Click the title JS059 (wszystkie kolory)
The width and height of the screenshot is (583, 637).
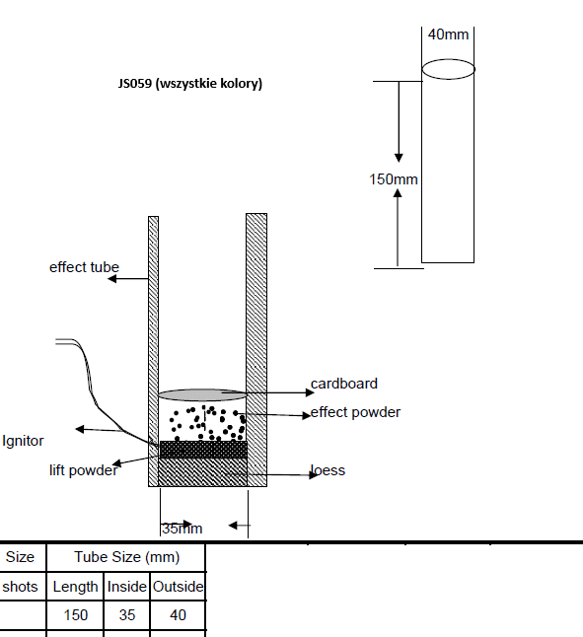pyautogui.click(x=190, y=83)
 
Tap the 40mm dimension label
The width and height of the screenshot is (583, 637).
pyautogui.click(x=448, y=35)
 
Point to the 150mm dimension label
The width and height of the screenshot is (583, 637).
pyautogui.click(x=394, y=179)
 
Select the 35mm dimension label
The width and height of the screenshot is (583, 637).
pyautogui.click(x=182, y=529)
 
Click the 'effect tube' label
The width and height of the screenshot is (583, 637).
pyautogui.click(x=84, y=267)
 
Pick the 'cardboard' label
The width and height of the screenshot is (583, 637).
pyautogui.click(x=344, y=384)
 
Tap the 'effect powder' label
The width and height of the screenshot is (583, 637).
pyautogui.click(x=355, y=412)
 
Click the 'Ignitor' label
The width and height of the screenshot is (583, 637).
pyautogui.click(x=23, y=441)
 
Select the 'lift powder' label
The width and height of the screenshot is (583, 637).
pyautogui.click(x=83, y=470)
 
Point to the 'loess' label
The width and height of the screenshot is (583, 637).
pyautogui.click(x=328, y=470)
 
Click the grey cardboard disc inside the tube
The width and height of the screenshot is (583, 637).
pyautogui.click(x=202, y=394)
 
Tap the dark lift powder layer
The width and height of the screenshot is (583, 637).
pyautogui.click(x=203, y=450)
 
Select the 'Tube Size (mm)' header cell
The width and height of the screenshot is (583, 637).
pyautogui.click(x=126, y=557)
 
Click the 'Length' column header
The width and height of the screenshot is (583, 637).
pyautogui.click(x=75, y=587)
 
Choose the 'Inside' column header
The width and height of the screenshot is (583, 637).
pyautogui.click(x=126, y=587)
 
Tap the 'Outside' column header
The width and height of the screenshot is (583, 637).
pyautogui.click(x=178, y=587)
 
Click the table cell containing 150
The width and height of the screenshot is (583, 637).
pyautogui.click(x=75, y=615)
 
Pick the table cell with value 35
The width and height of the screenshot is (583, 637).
pyautogui.click(x=126, y=615)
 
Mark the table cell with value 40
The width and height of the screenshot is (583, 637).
pyautogui.click(x=178, y=615)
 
